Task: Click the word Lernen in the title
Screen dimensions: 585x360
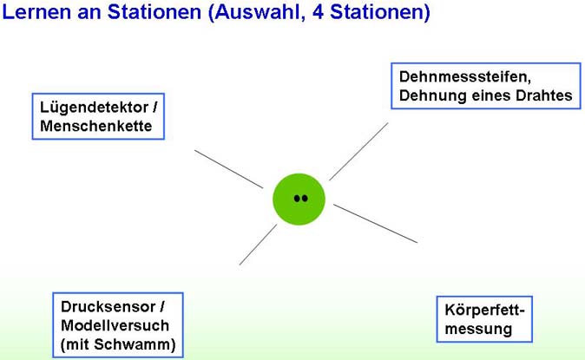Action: tap(36, 12)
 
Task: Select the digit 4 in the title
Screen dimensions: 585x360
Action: tap(318, 12)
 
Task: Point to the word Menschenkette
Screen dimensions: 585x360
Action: tap(95, 126)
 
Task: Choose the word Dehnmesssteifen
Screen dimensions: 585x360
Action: tap(465, 77)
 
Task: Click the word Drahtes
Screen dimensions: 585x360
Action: tap(543, 95)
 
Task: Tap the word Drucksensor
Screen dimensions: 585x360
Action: tap(108, 307)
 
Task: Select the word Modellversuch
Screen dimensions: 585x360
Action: tap(115, 325)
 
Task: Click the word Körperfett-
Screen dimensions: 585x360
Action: tap(484, 311)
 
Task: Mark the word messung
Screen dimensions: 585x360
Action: tap(478, 330)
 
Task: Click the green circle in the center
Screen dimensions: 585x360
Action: tap(299, 200)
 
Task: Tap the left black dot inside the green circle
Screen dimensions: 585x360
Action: tap(297, 199)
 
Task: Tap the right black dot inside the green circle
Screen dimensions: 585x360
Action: tap(305, 199)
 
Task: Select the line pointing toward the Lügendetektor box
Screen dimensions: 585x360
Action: tap(228, 169)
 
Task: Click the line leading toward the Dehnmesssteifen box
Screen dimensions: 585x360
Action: tap(358, 152)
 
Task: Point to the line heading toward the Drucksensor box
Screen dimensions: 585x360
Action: tap(258, 245)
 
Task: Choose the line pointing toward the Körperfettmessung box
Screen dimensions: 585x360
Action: tap(375, 224)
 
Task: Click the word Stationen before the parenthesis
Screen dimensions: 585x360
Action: tap(154, 12)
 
